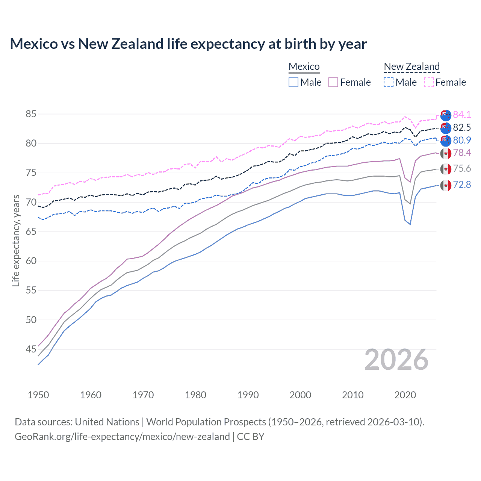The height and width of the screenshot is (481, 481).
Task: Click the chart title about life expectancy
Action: pyautogui.click(x=188, y=44)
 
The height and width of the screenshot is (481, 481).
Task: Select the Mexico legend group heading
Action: pyautogui.click(x=304, y=67)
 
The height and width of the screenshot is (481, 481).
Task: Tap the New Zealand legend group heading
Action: pyautogui.click(x=411, y=67)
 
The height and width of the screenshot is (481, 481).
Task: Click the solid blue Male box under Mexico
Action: pyautogui.click(x=293, y=82)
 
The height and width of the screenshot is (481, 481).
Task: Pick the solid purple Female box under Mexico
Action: pyautogui.click(x=333, y=82)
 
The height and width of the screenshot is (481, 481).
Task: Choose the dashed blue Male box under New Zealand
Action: pyautogui.click(x=389, y=82)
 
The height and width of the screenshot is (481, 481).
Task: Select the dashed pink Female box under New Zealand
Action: pyautogui.click(x=429, y=82)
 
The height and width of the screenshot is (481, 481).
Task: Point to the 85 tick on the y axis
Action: pyautogui.click(x=31, y=114)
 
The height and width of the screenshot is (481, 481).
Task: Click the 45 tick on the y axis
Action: pyautogui.click(x=31, y=349)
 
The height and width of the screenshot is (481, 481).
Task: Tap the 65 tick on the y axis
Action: pyautogui.click(x=31, y=232)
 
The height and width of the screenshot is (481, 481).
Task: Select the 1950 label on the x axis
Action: pyautogui.click(x=38, y=395)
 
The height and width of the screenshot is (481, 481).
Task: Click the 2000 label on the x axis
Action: pyautogui.click(x=300, y=395)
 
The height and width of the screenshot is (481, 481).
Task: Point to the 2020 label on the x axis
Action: pyautogui.click(x=405, y=395)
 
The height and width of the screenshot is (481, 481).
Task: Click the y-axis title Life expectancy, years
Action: pyautogui.click(x=16, y=240)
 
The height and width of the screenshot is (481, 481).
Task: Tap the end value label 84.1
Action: pyautogui.click(x=462, y=115)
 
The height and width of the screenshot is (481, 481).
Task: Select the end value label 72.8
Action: pyautogui.click(x=462, y=185)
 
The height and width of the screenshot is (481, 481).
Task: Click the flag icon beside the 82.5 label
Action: pyautogui.click(x=446, y=128)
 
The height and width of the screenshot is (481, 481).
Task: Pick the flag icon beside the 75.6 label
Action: pyautogui.click(x=446, y=169)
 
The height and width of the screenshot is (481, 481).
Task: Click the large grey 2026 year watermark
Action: pyautogui.click(x=396, y=360)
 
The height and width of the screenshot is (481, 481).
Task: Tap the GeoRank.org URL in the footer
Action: pyautogui.click(x=122, y=437)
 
